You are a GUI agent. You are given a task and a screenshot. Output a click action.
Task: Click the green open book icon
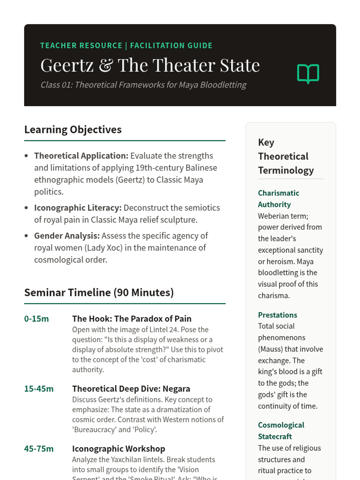[308, 73]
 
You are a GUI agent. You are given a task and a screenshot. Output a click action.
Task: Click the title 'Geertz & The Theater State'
[150, 65]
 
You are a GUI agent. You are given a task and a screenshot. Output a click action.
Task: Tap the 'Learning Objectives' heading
[73, 130]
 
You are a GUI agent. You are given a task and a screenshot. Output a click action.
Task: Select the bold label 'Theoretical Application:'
[81, 156]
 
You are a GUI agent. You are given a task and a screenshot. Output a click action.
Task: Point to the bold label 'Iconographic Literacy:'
[78, 208]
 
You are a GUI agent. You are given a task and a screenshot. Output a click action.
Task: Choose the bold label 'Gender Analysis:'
[67, 236]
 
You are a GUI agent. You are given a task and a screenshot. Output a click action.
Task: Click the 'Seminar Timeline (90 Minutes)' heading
[99, 292]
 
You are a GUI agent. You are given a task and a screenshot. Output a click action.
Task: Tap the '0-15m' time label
[36, 319]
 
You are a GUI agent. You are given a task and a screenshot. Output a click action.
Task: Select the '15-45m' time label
[39, 389]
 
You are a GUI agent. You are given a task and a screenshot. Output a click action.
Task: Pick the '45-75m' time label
[39, 449]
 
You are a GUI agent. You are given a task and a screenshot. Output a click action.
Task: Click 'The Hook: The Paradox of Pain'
[132, 319]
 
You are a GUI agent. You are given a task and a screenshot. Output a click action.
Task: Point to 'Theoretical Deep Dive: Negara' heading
[131, 389]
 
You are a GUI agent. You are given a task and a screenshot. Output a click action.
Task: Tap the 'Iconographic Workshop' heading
[118, 449]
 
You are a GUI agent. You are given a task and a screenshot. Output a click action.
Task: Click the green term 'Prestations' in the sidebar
[277, 315]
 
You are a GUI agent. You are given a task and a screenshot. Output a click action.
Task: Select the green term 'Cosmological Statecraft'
[281, 431]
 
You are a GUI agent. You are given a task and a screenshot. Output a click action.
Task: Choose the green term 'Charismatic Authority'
[278, 199]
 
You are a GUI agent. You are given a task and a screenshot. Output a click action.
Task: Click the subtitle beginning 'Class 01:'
[143, 85]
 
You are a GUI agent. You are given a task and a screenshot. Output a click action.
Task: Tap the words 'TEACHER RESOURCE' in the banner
[81, 46]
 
